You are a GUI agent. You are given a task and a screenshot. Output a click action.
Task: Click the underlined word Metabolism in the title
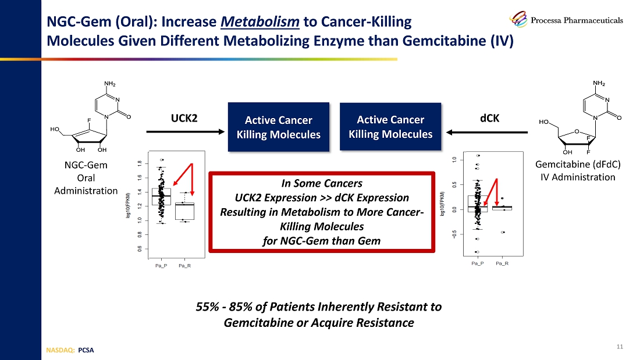click(x=261, y=23)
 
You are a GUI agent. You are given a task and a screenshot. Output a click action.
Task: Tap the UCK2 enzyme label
click(x=184, y=118)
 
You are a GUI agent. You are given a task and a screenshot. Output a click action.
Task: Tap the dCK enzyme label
click(x=489, y=118)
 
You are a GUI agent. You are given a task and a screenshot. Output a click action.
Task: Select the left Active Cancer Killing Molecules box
click(x=278, y=127)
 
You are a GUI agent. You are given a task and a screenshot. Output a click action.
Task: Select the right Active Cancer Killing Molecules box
click(x=390, y=126)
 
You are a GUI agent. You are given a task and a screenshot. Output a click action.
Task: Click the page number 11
click(x=619, y=347)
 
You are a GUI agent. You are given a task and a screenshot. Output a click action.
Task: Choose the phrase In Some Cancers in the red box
click(x=321, y=183)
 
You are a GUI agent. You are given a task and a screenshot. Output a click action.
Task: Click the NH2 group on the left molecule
click(x=109, y=83)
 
